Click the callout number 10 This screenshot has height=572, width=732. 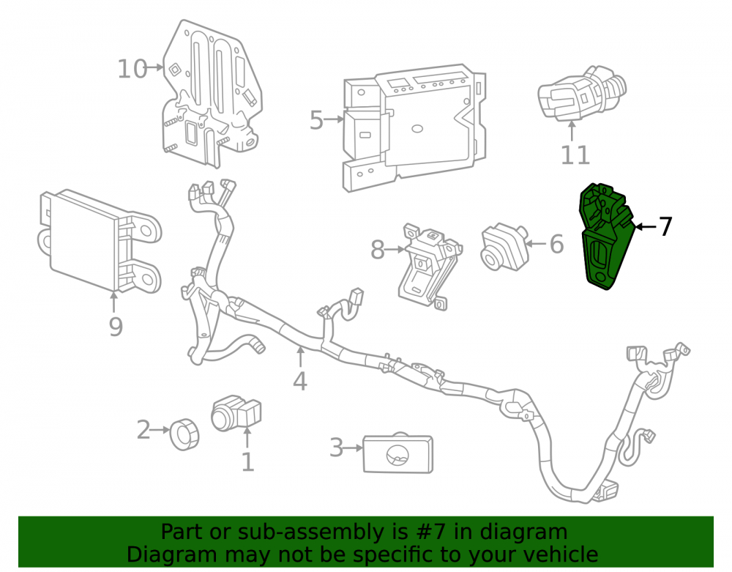pyautogui.click(x=132, y=69)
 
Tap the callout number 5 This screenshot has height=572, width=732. pyautogui.click(x=316, y=120)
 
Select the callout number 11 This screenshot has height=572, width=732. pyautogui.click(x=575, y=155)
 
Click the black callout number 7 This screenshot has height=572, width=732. pyautogui.click(x=665, y=227)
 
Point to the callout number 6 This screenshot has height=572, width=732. pyautogui.click(x=556, y=244)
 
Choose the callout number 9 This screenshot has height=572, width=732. pyautogui.click(x=116, y=327)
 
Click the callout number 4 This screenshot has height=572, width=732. pyautogui.click(x=300, y=381)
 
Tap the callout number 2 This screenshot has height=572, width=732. pyautogui.click(x=143, y=430)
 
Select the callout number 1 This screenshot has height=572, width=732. pyautogui.click(x=247, y=462)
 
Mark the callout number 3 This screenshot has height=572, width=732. pyautogui.click(x=336, y=447)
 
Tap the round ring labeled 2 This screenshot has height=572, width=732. pyautogui.click(x=184, y=434)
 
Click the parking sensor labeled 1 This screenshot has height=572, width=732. pyautogui.click(x=235, y=413)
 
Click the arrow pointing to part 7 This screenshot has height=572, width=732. pyautogui.click(x=646, y=227)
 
